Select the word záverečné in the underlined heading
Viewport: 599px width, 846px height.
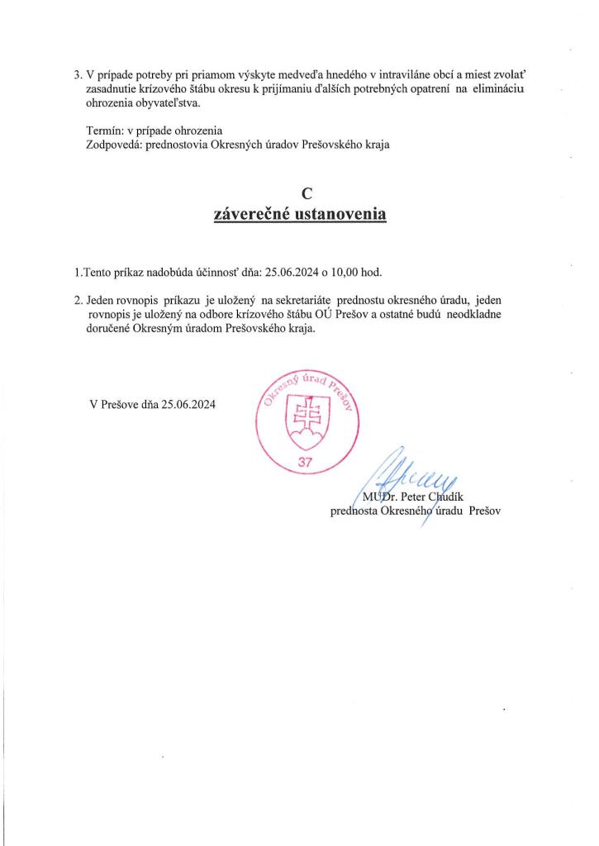tap(249, 215)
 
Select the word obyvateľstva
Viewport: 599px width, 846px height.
tap(165, 104)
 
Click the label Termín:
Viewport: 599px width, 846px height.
tap(107, 131)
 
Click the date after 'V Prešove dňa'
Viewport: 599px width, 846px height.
tap(188, 405)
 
